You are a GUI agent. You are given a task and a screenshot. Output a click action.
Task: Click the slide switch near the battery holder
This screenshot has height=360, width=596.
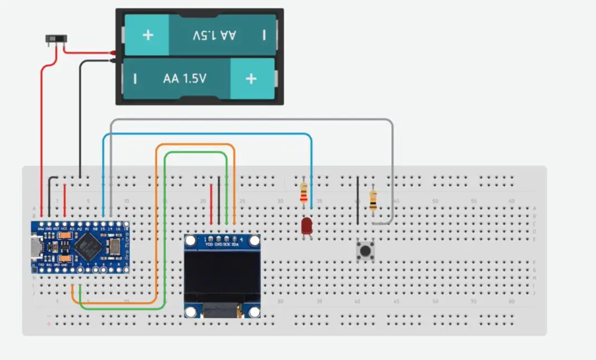(56, 40)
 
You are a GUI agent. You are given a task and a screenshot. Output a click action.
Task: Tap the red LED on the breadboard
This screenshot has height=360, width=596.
(306, 226)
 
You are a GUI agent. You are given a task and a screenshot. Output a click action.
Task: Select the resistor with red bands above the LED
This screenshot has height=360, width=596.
(304, 193)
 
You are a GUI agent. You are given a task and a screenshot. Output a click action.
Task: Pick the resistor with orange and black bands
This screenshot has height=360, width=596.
(373, 199)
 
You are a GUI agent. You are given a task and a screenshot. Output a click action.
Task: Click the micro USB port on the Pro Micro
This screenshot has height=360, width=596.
(35, 248)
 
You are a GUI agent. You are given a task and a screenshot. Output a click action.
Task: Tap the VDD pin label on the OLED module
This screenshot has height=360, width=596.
(209, 245)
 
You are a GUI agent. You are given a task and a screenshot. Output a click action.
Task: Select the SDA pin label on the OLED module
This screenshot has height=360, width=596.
(235, 245)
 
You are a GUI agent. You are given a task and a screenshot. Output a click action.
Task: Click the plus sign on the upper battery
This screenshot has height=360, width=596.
(148, 35)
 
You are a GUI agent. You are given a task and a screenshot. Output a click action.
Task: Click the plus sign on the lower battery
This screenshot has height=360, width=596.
(251, 79)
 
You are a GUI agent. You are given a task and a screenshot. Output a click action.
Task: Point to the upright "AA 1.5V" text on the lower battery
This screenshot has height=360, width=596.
(185, 79)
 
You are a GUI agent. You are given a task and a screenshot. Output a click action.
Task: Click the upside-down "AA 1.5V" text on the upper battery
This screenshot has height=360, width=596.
(214, 35)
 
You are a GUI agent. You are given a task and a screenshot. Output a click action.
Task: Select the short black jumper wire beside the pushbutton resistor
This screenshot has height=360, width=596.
(358, 199)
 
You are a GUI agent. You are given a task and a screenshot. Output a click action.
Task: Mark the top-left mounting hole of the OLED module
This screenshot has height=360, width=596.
(191, 241)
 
